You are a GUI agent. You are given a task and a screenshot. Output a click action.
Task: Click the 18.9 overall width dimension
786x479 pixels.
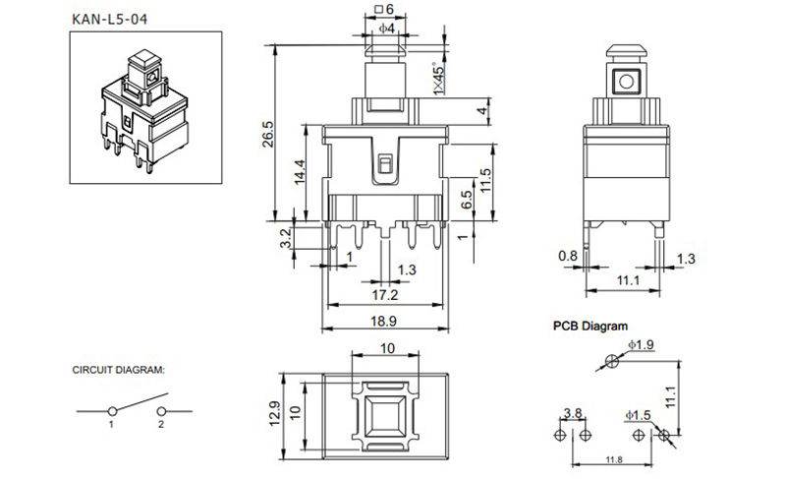pos(385,321)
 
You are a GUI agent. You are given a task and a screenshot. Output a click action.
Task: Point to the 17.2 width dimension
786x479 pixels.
pos(385,294)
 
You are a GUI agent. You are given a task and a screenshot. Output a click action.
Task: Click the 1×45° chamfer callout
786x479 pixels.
pos(438,79)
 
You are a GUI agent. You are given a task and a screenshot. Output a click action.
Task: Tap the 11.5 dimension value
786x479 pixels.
pos(483,180)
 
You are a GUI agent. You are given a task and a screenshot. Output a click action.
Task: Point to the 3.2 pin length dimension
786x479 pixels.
pos(286,236)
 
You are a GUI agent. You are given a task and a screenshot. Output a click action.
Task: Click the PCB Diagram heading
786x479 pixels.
pos(589,325)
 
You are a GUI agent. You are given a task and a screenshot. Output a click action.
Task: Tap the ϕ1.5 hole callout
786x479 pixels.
pos(640,416)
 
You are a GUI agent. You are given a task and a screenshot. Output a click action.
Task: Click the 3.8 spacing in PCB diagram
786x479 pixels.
pos(572,413)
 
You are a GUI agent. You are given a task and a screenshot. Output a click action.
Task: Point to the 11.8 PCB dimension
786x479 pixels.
pos(613,459)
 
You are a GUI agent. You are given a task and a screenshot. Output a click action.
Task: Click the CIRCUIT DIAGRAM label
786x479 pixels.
pos(119,371)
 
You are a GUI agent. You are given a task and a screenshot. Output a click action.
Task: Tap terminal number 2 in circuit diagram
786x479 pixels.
pos(159,424)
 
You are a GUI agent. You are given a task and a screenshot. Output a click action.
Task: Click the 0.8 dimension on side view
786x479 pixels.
pos(568,257)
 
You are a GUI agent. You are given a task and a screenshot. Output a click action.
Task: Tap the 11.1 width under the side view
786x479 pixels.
pos(628,281)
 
